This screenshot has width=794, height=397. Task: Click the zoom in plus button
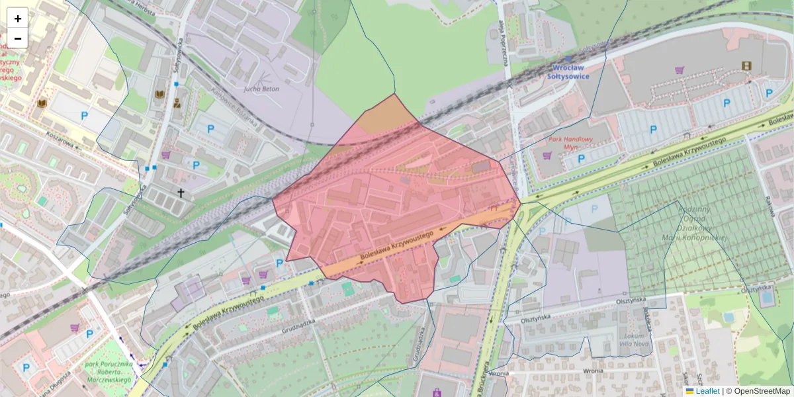pyautogui.click(x=17, y=19)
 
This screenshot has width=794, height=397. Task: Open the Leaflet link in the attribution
pyautogui.click(x=707, y=391)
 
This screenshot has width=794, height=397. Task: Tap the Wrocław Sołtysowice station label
pyautogui.click(x=568, y=71)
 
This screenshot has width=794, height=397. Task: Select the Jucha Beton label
pyautogui.click(x=261, y=89)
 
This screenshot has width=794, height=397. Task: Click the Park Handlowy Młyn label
pyautogui.click(x=571, y=144)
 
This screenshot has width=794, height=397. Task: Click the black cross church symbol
pyautogui.click(x=181, y=193)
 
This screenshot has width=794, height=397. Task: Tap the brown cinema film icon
pyautogui.click(x=747, y=66)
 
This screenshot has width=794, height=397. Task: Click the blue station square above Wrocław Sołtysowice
pyautogui.click(x=568, y=59)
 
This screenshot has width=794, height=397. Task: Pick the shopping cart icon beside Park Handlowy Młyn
pyautogui.click(x=547, y=156)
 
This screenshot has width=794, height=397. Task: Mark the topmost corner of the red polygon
pyautogui.click(x=395, y=94)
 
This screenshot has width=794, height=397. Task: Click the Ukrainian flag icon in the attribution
pyautogui.click(x=689, y=391)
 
